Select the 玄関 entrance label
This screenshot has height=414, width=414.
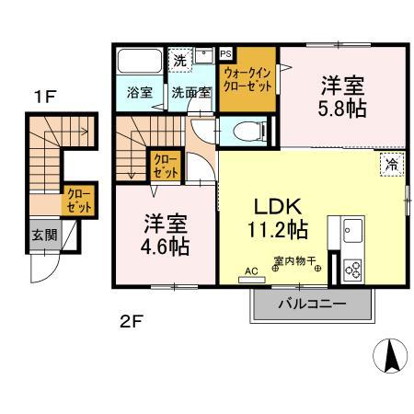click(x=44, y=235)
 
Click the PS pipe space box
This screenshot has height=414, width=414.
click(x=225, y=54)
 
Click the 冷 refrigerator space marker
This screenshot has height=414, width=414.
click(x=392, y=167)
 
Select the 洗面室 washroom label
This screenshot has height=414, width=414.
click(x=191, y=92)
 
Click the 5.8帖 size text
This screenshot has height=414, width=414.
click(x=342, y=109)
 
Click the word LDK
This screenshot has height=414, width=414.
click(x=275, y=206)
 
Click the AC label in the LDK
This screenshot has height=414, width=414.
click(x=251, y=270)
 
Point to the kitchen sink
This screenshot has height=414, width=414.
click(x=353, y=230)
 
